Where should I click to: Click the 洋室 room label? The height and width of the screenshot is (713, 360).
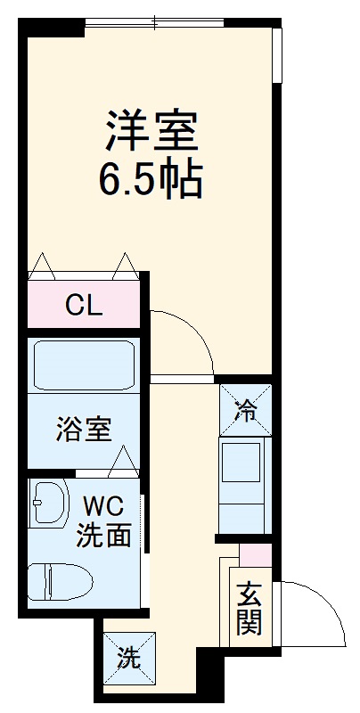coord(151,131)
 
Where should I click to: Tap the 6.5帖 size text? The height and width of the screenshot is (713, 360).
coord(151,176)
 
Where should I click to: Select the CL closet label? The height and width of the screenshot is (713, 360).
coord(84,306)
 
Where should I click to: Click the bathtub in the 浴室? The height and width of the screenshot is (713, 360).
coord(84,365)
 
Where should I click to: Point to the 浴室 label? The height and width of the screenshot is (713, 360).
coord(84,429)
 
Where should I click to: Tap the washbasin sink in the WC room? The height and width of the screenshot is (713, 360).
coord(49,503)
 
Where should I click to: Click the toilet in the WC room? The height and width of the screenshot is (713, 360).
coord(60,582)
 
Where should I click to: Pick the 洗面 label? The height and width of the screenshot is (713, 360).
coord(103,535)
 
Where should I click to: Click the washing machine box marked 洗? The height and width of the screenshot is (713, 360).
coord(129,659)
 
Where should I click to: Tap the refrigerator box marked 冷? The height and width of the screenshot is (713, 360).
coord(245,409)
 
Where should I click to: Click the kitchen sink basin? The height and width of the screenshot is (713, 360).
coord(241,463)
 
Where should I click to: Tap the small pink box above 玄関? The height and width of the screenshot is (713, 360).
coord(256,555)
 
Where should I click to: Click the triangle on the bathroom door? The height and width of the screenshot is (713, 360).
coord(123,462)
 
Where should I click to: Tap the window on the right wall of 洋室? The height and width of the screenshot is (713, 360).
coord(277,55)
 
